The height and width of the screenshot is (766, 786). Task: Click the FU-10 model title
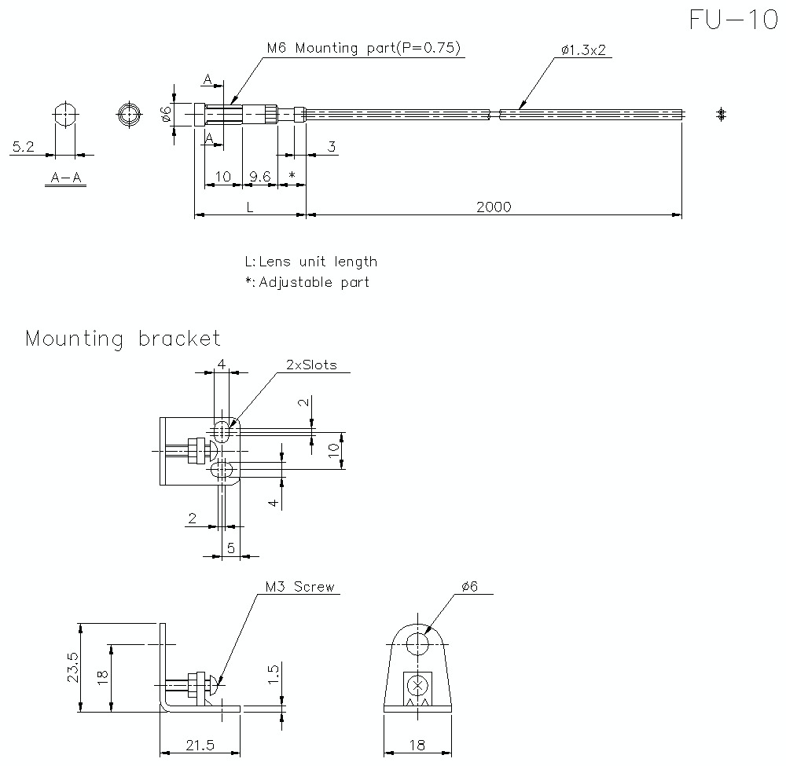pos(733,20)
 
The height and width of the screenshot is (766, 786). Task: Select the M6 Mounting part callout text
pos(363,48)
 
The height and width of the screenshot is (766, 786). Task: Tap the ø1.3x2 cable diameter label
pos(582,50)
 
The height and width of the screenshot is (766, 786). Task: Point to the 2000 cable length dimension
pos(494,207)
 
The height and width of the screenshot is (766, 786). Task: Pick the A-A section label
pos(66,178)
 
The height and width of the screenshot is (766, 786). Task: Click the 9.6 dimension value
pos(259,177)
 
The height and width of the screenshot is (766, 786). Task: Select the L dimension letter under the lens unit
pos(249,207)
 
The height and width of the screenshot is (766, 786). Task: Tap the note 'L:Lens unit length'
pos(310,262)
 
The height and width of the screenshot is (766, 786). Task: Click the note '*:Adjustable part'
pos(307,282)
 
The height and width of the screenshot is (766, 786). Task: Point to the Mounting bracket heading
pos(123,339)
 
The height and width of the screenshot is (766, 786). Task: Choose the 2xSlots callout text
pos(311,365)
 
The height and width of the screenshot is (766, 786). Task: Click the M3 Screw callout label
pos(299,587)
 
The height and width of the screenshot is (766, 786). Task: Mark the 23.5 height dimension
pos(72,668)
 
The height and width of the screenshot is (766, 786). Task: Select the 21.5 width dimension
pos(200,745)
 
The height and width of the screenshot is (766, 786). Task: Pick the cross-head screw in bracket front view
pos(418,685)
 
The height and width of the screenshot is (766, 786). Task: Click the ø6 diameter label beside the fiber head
pos(166,115)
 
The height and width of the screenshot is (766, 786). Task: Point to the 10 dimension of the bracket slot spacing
pos(333,450)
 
